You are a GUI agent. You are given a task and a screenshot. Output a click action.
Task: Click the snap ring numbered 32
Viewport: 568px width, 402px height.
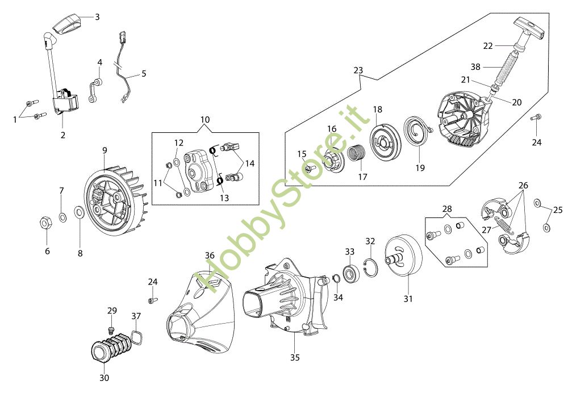(371, 267)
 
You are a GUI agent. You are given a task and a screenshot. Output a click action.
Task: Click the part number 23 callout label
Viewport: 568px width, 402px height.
(358, 70)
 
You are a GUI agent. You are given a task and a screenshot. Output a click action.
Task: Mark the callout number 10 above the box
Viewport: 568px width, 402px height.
(204, 119)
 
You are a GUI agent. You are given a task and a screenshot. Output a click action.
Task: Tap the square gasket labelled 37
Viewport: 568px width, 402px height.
(136, 337)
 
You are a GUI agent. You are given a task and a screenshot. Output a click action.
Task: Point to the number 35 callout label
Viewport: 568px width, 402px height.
(295, 358)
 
